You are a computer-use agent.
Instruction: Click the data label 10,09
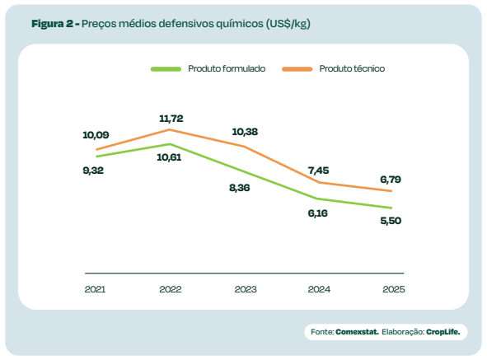96,134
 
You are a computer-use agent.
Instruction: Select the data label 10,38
246,131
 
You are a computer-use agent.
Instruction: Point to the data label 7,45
318,171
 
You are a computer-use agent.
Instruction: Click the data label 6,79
390,179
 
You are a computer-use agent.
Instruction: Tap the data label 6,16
318,213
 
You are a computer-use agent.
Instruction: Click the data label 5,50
390,221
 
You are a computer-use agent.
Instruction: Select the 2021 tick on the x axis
96,289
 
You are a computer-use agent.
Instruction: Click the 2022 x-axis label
170,289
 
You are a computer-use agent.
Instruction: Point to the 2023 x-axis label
245,289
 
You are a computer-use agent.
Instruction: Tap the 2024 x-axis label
319,289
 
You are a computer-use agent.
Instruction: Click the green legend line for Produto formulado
166,69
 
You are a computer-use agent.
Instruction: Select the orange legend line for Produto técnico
297,69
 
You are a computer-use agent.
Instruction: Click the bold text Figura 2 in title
53,24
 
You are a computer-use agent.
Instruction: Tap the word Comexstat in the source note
357,332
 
